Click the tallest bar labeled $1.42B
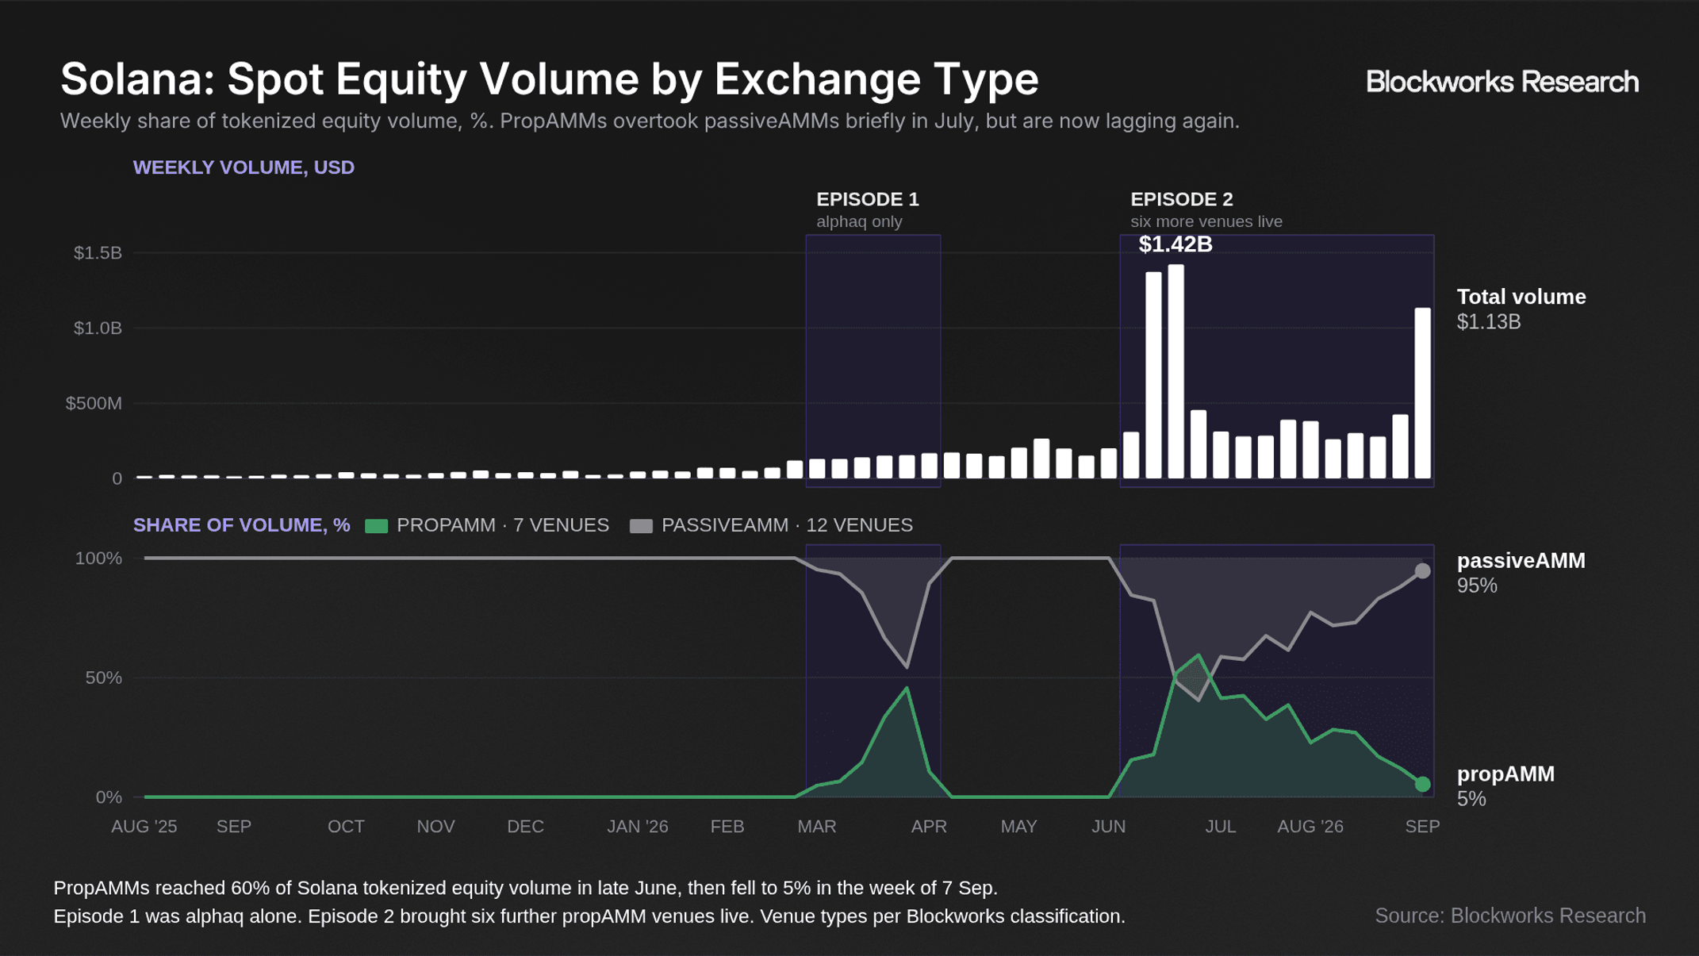pyautogui.click(x=1175, y=371)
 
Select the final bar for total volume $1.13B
pyautogui.click(x=1423, y=394)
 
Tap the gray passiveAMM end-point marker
pyautogui.click(x=1423, y=571)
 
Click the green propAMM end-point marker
pyautogui.click(x=1423, y=784)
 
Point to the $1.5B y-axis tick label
pyautogui.click(x=98, y=253)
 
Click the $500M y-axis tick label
pyautogui.click(x=94, y=404)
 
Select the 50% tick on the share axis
pyautogui.click(x=103, y=678)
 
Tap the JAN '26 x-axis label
pyautogui.click(x=638, y=827)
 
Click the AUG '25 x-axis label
pyautogui.click(x=144, y=827)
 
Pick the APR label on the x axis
pyautogui.click(x=929, y=827)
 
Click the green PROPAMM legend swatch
pyautogui.click(x=376, y=526)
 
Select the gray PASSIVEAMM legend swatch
pyautogui.click(x=641, y=526)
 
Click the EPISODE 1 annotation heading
pyautogui.click(x=868, y=199)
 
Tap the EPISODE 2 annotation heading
pyautogui.click(x=1182, y=199)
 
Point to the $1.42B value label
pyautogui.click(x=1175, y=244)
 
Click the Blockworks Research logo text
pyautogui.click(x=1502, y=82)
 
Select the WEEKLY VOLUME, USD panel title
pyautogui.click(x=244, y=167)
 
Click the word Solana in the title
pyautogui.click(x=137, y=79)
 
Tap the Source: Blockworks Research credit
pyautogui.click(x=1510, y=916)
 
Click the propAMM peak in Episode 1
pyautogui.click(x=907, y=688)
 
